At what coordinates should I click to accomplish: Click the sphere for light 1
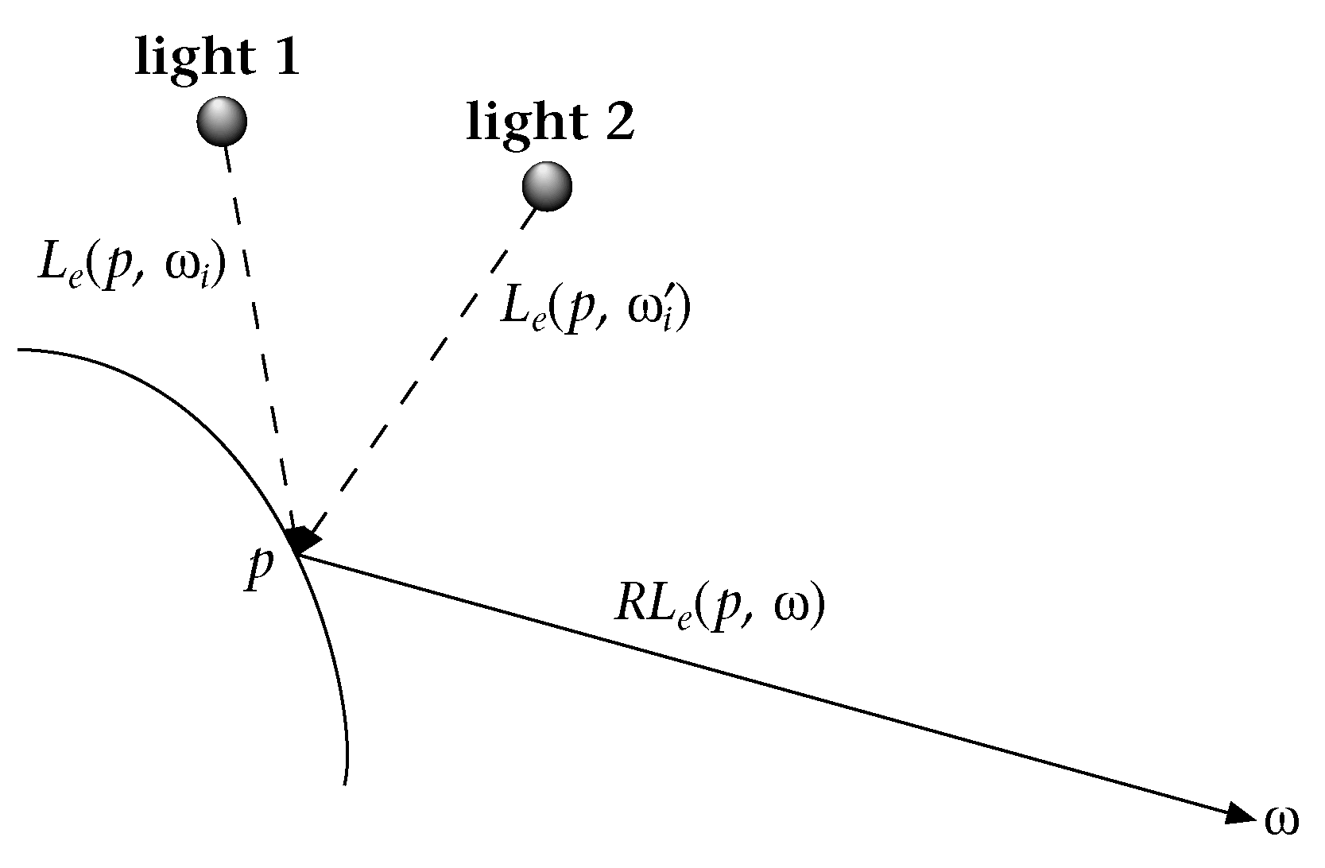tap(222, 121)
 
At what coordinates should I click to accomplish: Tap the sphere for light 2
tap(547, 186)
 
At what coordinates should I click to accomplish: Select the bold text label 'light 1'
tap(218, 58)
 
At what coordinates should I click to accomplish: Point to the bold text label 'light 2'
tap(550, 123)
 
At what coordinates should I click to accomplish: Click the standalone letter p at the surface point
tap(259, 569)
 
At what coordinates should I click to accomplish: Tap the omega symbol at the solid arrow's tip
tap(1281, 823)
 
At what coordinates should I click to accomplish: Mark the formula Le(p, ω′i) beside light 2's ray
tap(595, 309)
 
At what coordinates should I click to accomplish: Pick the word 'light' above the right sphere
tap(518, 123)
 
